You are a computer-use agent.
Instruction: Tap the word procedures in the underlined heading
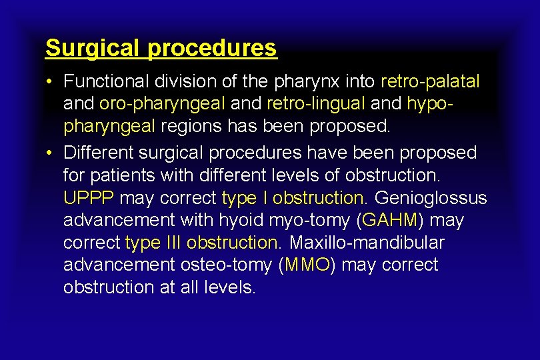212,48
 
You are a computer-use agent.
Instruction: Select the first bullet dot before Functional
50,82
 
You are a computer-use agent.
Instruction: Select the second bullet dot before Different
50,153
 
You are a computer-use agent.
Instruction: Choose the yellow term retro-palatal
430,81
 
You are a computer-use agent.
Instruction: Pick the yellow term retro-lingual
315,104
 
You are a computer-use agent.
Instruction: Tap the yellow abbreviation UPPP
89,198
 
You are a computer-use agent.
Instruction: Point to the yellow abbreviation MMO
307,265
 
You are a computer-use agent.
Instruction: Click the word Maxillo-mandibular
367,242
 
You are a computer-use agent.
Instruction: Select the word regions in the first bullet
192,127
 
